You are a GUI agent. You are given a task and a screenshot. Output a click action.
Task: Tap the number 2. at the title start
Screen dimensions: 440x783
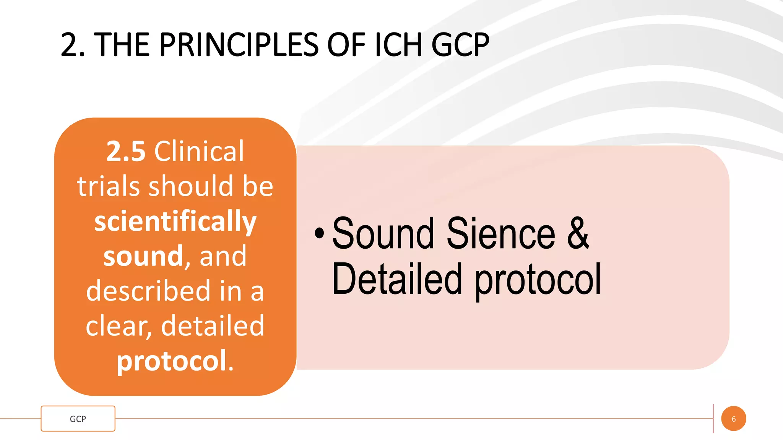pyautogui.click(x=72, y=45)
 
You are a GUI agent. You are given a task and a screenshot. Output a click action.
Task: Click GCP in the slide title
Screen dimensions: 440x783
pyautogui.click(x=460, y=45)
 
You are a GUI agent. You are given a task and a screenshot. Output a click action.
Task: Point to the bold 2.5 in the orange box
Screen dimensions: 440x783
pyautogui.click(x=126, y=151)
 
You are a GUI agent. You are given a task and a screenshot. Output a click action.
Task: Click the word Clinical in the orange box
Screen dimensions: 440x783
pyautogui.click(x=199, y=151)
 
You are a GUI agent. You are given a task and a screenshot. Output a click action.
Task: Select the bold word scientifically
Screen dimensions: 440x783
pyautogui.click(x=175, y=222)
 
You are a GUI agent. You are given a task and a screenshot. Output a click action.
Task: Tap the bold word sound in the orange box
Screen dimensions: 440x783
pyautogui.click(x=143, y=256)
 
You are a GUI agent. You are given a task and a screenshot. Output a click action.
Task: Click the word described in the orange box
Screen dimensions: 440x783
pyautogui.click(x=148, y=291)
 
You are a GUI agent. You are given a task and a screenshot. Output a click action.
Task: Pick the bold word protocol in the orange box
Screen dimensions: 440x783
pyautogui.click(x=172, y=361)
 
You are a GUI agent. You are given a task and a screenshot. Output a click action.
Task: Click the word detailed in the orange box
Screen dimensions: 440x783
pyautogui.click(x=213, y=326)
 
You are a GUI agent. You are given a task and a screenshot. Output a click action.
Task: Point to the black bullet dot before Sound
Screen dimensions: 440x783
pyautogui.click(x=319, y=233)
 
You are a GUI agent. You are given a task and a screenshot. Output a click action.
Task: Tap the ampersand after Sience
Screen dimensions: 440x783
pyautogui.click(x=578, y=233)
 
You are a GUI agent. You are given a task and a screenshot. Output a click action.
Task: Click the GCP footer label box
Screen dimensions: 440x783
pyautogui.click(x=78, y=419)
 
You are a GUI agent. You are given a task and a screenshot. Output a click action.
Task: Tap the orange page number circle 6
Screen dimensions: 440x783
pyautogui.click(x=733, y=419)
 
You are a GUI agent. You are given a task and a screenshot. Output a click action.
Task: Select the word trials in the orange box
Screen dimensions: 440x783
pyautogui.click(x=108, y=186)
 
